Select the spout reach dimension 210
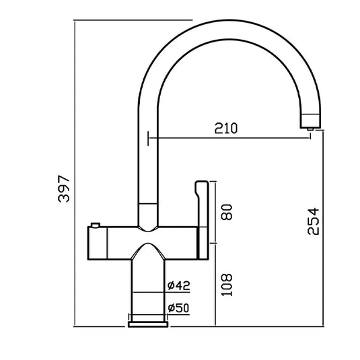227,128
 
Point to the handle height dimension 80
227,211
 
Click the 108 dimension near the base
227,285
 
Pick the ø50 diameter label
178,308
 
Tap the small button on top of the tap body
96,223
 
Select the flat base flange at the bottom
148,324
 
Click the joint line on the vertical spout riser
147,203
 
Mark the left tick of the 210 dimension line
147,139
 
